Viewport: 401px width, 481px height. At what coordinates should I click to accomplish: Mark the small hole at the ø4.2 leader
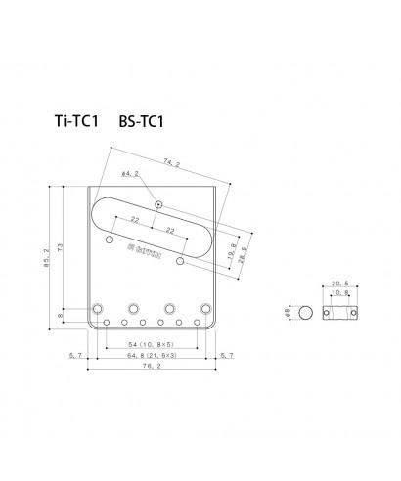pos(158,204)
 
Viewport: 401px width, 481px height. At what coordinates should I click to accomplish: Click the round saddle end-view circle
pos(306,314)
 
